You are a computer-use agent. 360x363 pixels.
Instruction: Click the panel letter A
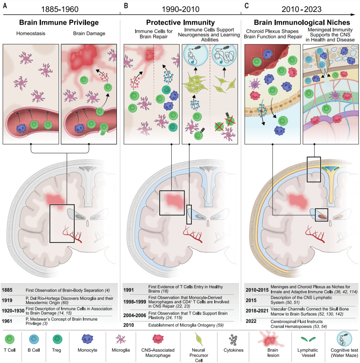click(5, 5)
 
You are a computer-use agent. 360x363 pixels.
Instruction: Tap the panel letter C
click(247, 5)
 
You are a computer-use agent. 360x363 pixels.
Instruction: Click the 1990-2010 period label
click(180, 9)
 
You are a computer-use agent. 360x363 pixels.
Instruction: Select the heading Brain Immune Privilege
click(59, 23)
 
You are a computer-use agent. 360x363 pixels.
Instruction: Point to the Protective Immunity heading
click(180, 23)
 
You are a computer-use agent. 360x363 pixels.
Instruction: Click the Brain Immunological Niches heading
click(302, 23)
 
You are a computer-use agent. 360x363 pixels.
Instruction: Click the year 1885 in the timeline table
click(8, 290)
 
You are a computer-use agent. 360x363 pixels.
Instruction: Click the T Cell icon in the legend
click(10, 340)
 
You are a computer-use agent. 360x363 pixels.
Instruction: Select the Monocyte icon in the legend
click(88, 340)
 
